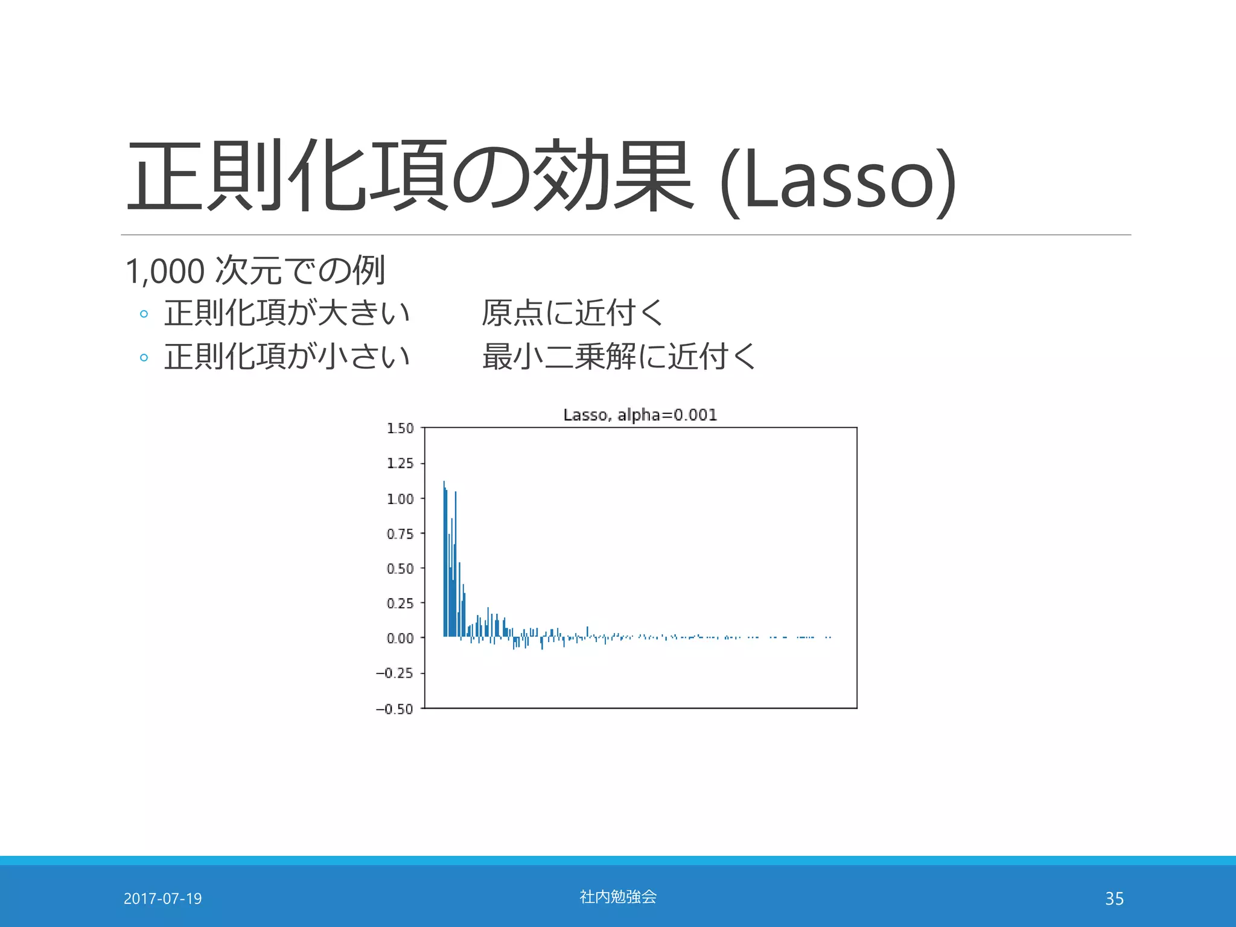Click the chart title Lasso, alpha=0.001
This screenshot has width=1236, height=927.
point(640,415)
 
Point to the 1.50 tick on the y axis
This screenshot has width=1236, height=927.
point(400,428)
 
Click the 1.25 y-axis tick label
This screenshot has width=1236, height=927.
point(400,463)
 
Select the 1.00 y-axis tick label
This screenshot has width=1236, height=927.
point(400,499)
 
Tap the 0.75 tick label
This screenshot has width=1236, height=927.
point(400,534)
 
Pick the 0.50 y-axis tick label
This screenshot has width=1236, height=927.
point(400,569)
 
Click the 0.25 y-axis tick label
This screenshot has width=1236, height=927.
point(400,604)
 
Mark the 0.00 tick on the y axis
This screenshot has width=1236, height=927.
point(400,639)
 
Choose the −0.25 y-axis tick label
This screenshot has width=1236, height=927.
point(395,674)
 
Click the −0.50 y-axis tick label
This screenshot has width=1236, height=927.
point(395,709)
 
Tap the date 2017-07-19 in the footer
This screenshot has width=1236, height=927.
point(162,899)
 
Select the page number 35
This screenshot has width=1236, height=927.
point(1114,899)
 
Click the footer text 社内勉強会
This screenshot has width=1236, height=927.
point(618,897)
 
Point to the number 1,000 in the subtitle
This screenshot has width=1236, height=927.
point(165,272)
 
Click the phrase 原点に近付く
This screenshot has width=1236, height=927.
point(573,313)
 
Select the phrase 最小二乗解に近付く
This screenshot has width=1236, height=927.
point(619,357)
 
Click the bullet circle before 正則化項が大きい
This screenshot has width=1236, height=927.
point(144,314)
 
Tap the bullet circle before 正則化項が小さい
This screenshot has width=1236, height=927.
point(144,357)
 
